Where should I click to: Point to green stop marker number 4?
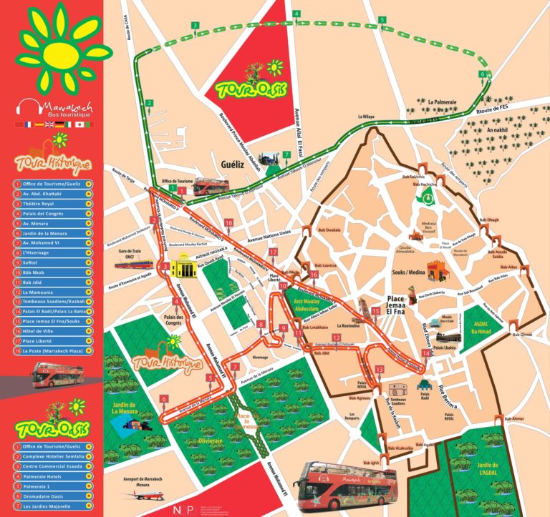click(296, 14)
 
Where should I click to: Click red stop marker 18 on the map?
click(228, 223)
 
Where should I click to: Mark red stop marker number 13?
click(379, 368)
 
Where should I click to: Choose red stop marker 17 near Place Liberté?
click(273, 252)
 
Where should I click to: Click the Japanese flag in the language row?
click(79, 124)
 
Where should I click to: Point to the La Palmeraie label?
click(443, 102)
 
